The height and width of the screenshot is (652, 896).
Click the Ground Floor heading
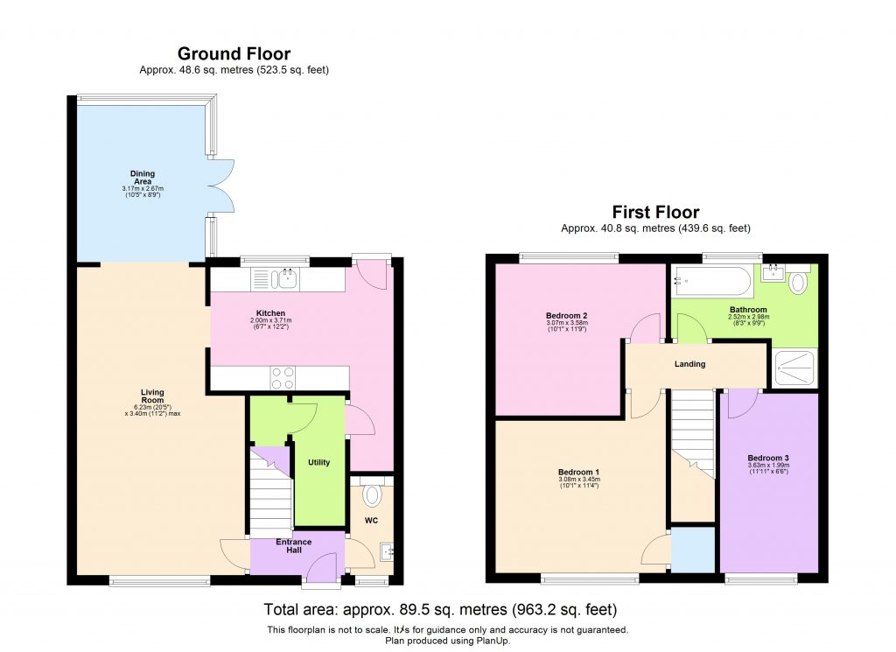[234, 54]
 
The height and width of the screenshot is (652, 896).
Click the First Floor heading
[655, 212]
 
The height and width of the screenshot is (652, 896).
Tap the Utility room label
[318, 462]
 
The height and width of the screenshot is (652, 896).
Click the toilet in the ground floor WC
[372, 495]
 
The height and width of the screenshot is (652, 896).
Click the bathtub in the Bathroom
[710, 282]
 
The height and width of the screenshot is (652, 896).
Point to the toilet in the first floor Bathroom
[798, 284]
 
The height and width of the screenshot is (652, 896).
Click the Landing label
[690, 364]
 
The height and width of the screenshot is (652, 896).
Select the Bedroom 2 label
[566, 316]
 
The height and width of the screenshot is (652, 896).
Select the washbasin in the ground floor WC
[386, 551]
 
